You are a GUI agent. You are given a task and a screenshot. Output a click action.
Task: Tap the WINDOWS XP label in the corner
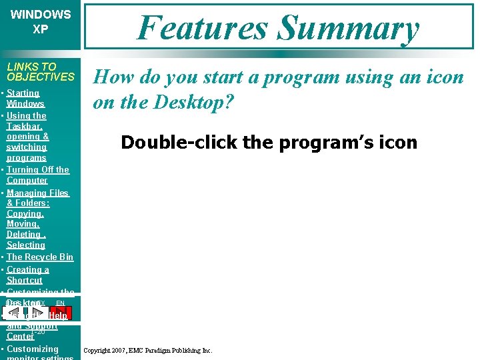pyautogui.click(x=41, y=22)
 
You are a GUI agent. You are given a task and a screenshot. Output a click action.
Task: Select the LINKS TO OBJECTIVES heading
pyautogui.click(x=41, y=71)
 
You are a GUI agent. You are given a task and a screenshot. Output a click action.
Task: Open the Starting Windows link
pyautogui.click(x=25, y=99)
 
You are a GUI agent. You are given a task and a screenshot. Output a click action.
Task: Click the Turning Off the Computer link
pyautogui.click(x=37, y=175)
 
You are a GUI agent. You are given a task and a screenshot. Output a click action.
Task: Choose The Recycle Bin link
pyautogui.click(x=40, y=257)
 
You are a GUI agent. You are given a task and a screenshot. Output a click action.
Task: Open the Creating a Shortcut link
pyautogui.click(x=27, y=275)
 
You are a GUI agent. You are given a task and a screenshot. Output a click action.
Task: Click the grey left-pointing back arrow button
pyautogui.click(x=15, y=313)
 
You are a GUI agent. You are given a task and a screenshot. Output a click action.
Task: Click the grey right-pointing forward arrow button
pyautogui.click(x=41, y=313)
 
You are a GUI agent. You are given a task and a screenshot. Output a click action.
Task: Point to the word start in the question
pyautogui.click(x=221, y=77)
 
